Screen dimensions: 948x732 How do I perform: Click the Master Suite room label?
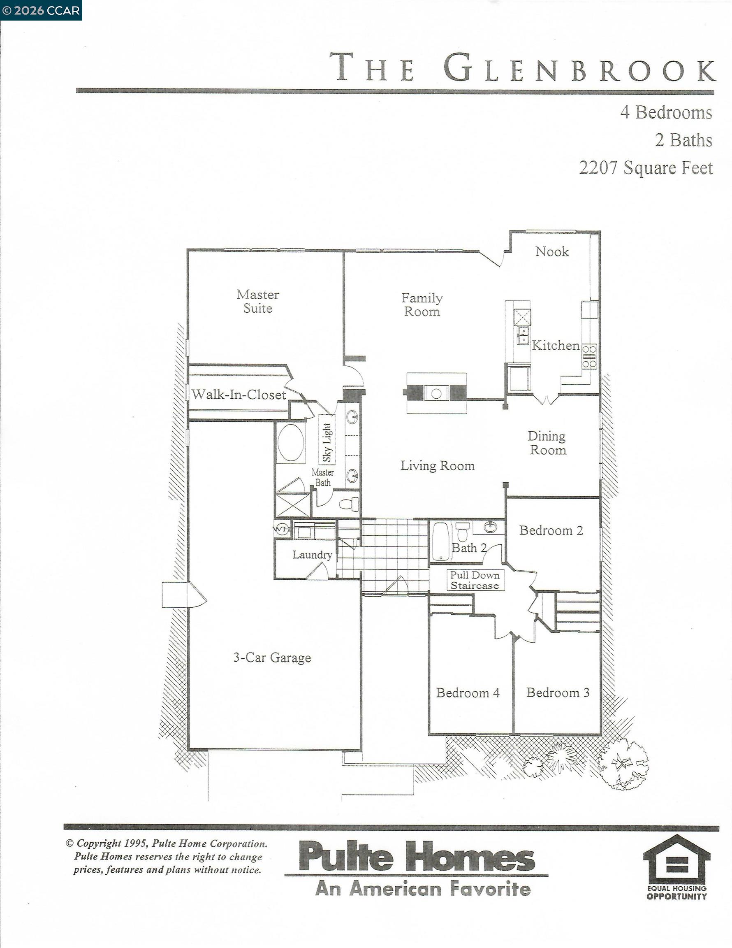point(258,301)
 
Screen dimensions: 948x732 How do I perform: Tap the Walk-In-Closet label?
point(239,394)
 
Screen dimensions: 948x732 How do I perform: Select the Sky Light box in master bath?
point(327,442)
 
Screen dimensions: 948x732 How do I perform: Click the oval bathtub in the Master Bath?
point(291,442)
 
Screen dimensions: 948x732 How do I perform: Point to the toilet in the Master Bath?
point(349,504)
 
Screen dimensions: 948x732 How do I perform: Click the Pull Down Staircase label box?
point(475,580)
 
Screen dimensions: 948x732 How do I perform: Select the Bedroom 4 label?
point(468,693)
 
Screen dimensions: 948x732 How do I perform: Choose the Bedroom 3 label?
point(558,692)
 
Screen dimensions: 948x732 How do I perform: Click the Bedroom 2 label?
point(551,530)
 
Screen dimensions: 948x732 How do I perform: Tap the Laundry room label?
point(312,554)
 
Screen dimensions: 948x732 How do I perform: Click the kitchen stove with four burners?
point(589,356)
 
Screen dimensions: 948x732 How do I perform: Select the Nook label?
point(552,251)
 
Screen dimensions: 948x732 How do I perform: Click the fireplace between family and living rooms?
point(436,393)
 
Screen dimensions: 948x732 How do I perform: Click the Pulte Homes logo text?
point(417,856)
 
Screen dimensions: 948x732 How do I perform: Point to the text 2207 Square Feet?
point(646,167)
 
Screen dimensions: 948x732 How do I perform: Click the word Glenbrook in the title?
point(579,67)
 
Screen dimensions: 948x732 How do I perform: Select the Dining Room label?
point(547,443)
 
